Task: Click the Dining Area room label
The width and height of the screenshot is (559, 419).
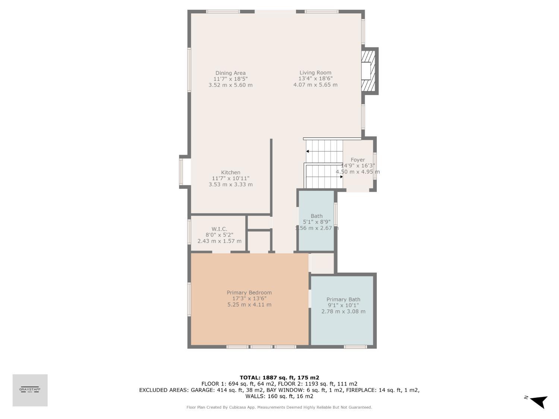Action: click(230, 73)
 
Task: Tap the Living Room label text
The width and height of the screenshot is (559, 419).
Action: click(315, 73)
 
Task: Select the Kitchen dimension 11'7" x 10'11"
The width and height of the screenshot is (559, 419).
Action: click(230, 178)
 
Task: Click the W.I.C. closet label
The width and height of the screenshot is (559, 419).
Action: click(219, 229)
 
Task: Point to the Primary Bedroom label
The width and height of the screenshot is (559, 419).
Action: click(249, 293)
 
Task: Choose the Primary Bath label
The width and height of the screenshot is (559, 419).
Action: click(343, 299)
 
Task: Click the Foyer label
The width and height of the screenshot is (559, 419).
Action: click(358, 160)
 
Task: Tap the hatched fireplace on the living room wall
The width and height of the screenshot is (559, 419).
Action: click(368, 71)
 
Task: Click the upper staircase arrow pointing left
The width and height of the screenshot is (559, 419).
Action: click(308, 151)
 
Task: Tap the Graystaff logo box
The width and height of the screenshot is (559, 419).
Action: click(30, 390)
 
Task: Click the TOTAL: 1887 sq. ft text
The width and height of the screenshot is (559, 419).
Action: click(279, 378)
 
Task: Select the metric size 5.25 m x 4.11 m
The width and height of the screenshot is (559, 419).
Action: click(249, 305)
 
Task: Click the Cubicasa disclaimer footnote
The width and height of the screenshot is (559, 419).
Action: click(279, 407)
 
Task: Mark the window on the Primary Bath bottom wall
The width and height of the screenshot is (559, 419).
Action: click(355, 347)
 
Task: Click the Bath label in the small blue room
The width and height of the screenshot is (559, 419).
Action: click(316, 216)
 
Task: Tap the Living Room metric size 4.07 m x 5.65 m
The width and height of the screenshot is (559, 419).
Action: click(315, 85)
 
